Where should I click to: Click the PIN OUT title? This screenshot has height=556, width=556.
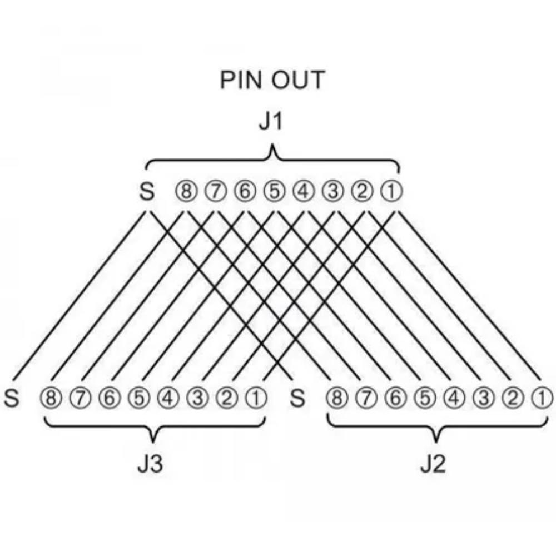point(272,80)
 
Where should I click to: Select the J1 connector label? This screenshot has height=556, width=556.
point(271,122)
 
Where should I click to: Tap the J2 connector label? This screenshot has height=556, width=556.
point(433,464)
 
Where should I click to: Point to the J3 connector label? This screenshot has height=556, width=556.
point(150,464)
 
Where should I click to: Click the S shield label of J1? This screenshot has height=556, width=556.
point(146,191)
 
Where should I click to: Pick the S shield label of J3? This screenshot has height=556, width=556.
point(11,398)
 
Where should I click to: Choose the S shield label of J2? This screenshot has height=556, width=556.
point(297,398)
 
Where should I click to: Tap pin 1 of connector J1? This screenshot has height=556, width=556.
point(391,191)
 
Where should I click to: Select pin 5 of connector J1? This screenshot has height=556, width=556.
point(274,191)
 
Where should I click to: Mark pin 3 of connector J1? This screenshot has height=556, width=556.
point(332,191)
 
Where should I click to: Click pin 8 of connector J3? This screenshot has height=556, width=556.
point(51,398)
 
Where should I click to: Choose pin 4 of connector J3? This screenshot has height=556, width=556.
point(168,398)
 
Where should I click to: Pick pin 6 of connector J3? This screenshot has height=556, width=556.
point(110,398)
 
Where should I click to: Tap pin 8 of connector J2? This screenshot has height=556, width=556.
point(337,398)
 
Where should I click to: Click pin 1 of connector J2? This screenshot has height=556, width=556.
point(542,398)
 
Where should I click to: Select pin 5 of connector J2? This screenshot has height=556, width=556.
point(425,398)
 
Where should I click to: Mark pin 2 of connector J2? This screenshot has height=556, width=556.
point(513,398)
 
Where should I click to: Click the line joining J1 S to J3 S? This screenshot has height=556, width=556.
point(79,295)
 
